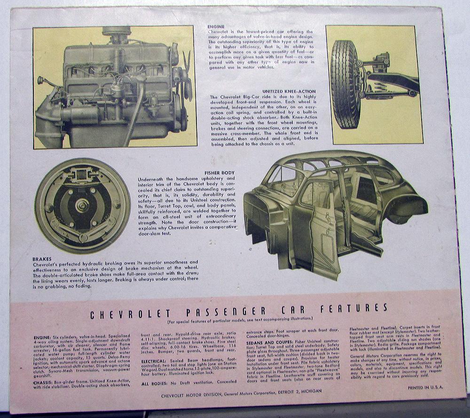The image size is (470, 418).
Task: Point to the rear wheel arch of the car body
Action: [x=402, y=207]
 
